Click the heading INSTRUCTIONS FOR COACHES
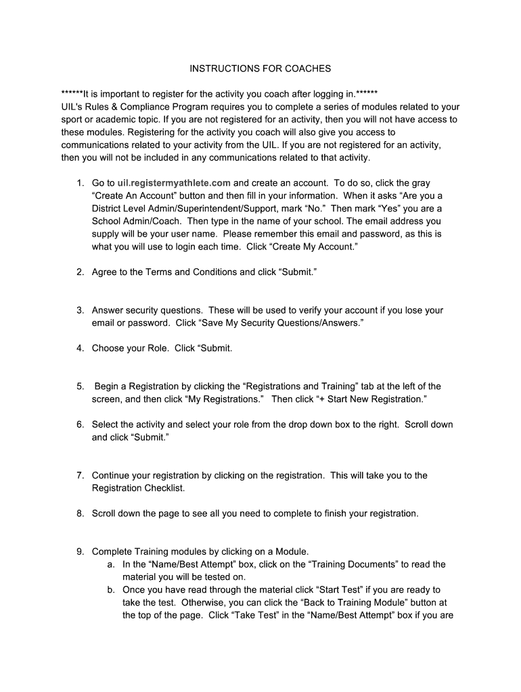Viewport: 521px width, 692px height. (x=260, y=68)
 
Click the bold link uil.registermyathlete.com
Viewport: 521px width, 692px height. (x=174, y=183)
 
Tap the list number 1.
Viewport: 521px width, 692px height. (x=79, y=183)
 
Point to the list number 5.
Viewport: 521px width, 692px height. (x=79, y=387)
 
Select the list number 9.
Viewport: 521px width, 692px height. (x=79, y=551)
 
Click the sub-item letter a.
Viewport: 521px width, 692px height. (x=110, y=564)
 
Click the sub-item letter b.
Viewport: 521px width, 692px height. (x=110, y=590)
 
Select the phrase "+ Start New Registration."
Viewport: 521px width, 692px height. (x=371, y=399)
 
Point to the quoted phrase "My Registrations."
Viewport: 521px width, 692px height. (x=224, y=399)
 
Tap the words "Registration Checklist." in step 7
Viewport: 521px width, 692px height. (x=129, y=488)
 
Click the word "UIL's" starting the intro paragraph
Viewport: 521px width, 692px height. (x=73, y=107)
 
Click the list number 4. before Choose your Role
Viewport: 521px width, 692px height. (x=79, y=349)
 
